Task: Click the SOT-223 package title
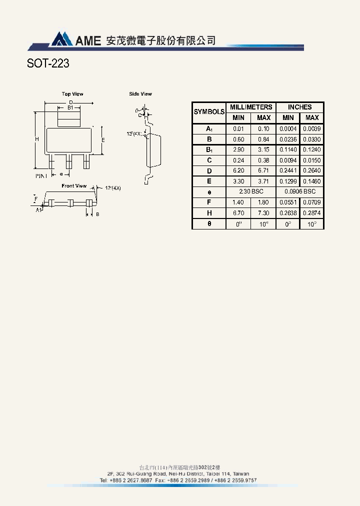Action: [48, 63]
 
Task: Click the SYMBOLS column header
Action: [209, 112]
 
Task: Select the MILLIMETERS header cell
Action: [251, 107]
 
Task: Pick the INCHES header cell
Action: [299, 107]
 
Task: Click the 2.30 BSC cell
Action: [251, 192]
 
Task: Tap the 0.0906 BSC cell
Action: [299, 192]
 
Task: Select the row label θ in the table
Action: [209, 223]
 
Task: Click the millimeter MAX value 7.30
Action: [263, 213]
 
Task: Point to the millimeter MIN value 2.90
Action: [238, 149]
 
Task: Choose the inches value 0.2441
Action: [287, 170]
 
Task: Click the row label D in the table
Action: [209, 170]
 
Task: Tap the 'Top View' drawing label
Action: [72, 94]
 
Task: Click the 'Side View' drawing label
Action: [140, 94]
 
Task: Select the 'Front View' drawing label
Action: [74, 186]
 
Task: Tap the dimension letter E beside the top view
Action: [103, 140]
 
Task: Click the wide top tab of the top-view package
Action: [69, 118]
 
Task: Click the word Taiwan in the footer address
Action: [241, 473]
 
